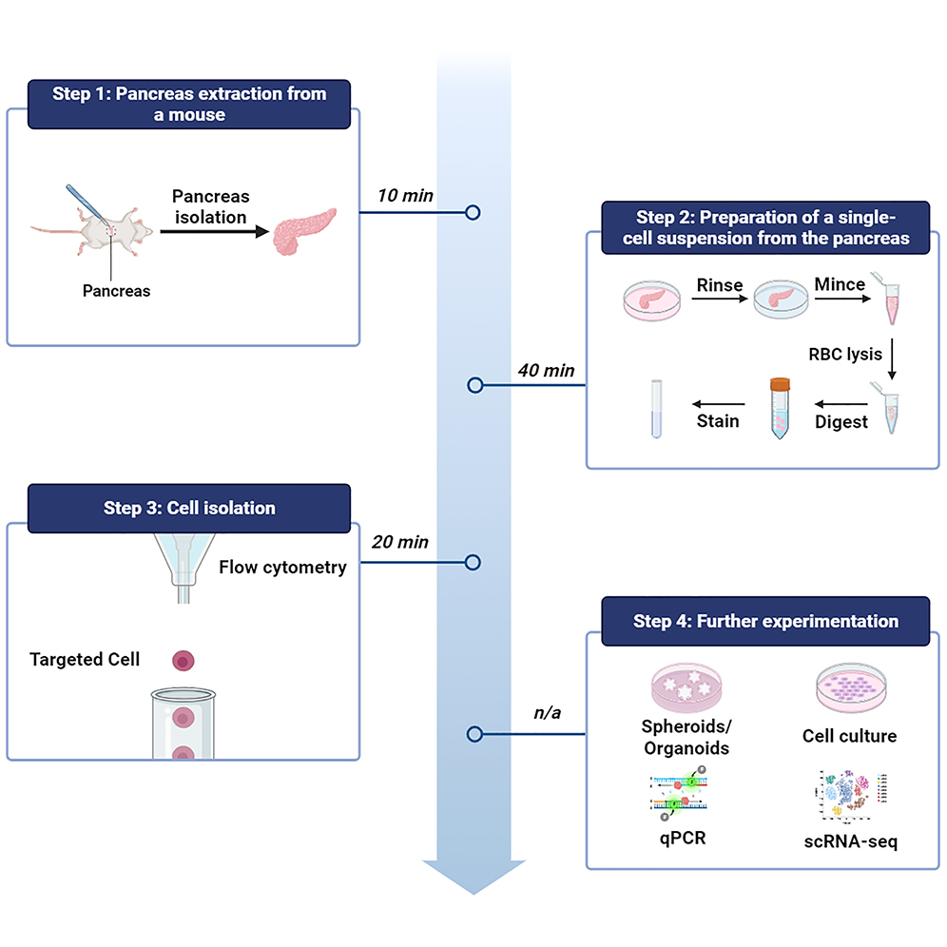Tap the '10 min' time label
(x=405, y=196)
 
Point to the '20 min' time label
(x=400, y=542)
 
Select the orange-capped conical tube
(x=779, y=408)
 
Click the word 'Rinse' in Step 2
(x=720, y=285)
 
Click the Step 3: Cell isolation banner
(x=188, y=507)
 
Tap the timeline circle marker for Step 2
(x=475, y=385)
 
